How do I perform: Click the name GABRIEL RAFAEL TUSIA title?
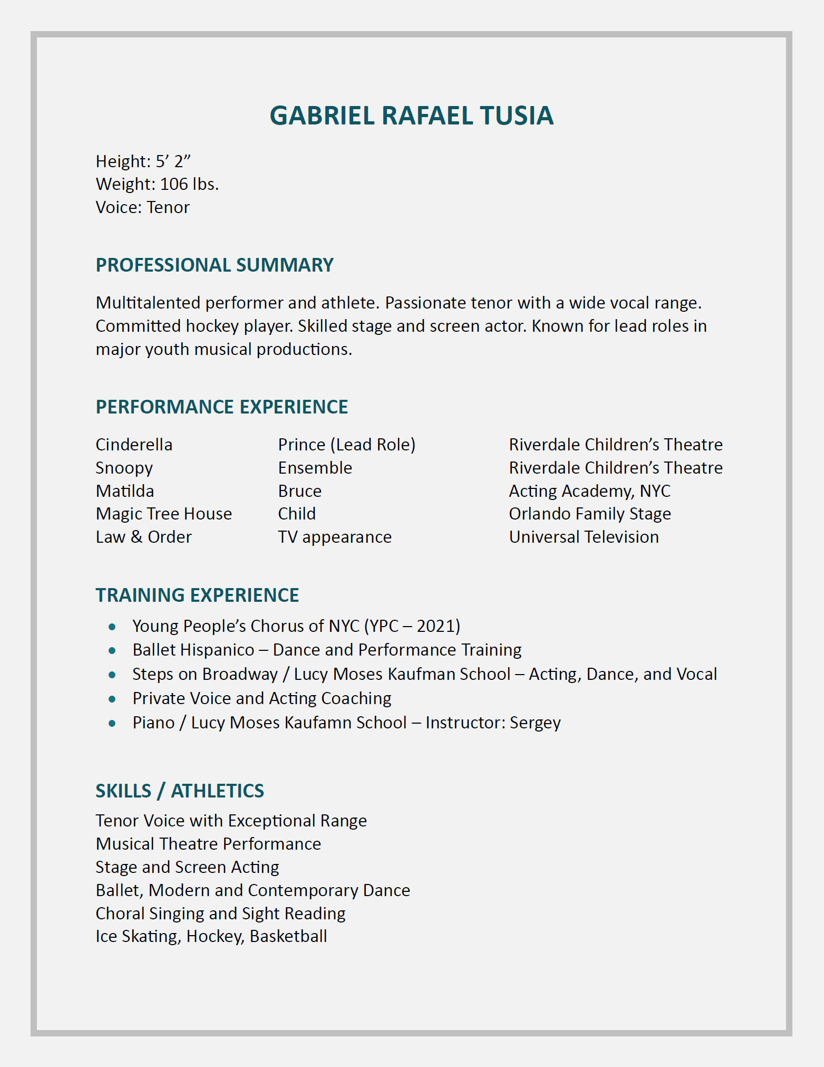coord(411,116)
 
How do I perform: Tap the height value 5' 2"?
coord(173,161)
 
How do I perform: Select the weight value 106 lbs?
coord(189,184)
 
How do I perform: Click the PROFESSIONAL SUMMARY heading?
coord(215,265)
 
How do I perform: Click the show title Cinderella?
coord(134,445)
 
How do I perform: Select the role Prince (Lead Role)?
coord(346,445)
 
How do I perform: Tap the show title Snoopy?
coord(124,468)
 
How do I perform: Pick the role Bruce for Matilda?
coord(299,491)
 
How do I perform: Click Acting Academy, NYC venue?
coord(589,491)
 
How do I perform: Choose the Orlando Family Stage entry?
coord(589,514)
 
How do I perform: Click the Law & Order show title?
coord(143,537)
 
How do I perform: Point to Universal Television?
coord(584,537)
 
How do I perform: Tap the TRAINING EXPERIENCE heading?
coord(197,595)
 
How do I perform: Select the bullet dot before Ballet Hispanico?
coord(112,651)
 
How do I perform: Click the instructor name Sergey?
coord(535,723)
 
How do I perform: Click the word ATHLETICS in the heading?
coord(217,791)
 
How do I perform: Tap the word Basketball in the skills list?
coord(288,936)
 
